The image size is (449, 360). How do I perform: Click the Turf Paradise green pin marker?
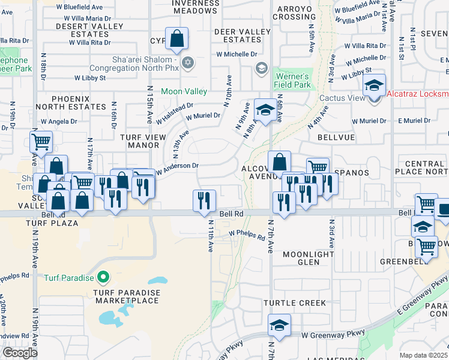103,277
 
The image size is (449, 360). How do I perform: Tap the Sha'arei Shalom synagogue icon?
187,62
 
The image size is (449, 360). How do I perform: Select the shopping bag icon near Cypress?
178,40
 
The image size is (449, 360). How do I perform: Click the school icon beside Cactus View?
374,85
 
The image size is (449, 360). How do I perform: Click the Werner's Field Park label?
292,80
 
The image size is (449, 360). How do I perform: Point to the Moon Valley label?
184,92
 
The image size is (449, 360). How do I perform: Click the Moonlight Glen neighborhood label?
308,258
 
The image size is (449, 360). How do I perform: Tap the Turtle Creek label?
297,303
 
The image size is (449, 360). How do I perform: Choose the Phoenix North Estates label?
70,102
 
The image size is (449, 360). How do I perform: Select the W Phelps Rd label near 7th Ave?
247,235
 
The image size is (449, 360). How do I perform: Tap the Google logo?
20,353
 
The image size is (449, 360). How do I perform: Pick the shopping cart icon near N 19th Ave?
41,142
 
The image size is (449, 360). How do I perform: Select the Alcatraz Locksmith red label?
418,94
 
